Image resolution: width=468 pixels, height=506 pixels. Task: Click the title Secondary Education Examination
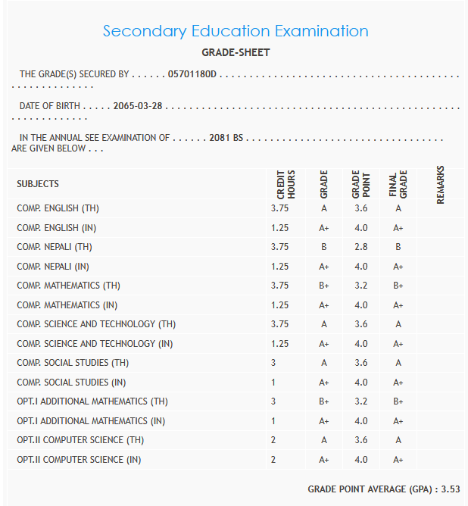[x=236, y=31]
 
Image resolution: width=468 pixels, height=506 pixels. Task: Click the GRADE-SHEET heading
[x=236, y=53]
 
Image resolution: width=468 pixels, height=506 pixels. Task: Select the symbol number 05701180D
[x=192, y=74]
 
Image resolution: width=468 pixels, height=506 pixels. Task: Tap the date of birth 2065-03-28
[x=138, y=106]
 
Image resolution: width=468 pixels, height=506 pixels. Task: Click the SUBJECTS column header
[x=38, y=184]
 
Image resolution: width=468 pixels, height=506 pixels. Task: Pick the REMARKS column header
[x=440, y=184]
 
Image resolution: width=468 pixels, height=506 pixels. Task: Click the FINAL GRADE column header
[x=398, y=184]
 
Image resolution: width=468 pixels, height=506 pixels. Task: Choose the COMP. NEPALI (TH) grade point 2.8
[x=360, y=247]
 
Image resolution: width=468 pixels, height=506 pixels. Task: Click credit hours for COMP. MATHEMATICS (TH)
[x=279, y=286]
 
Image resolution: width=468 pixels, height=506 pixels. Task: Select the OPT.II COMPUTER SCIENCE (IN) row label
[x=80, y=460]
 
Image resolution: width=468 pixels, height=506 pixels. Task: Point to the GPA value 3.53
[x=451, y=489]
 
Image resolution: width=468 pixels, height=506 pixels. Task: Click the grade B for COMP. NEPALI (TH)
[x=323, y=247]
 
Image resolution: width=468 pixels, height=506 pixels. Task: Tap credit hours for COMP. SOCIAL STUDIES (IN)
[x=273, y=383]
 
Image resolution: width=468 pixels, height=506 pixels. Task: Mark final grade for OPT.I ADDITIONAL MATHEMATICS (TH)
[x=398, y=401]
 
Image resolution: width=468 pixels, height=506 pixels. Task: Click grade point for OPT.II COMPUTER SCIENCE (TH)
[x=360, y=440]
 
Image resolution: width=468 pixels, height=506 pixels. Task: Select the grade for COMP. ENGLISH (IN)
[x=323, y=227]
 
